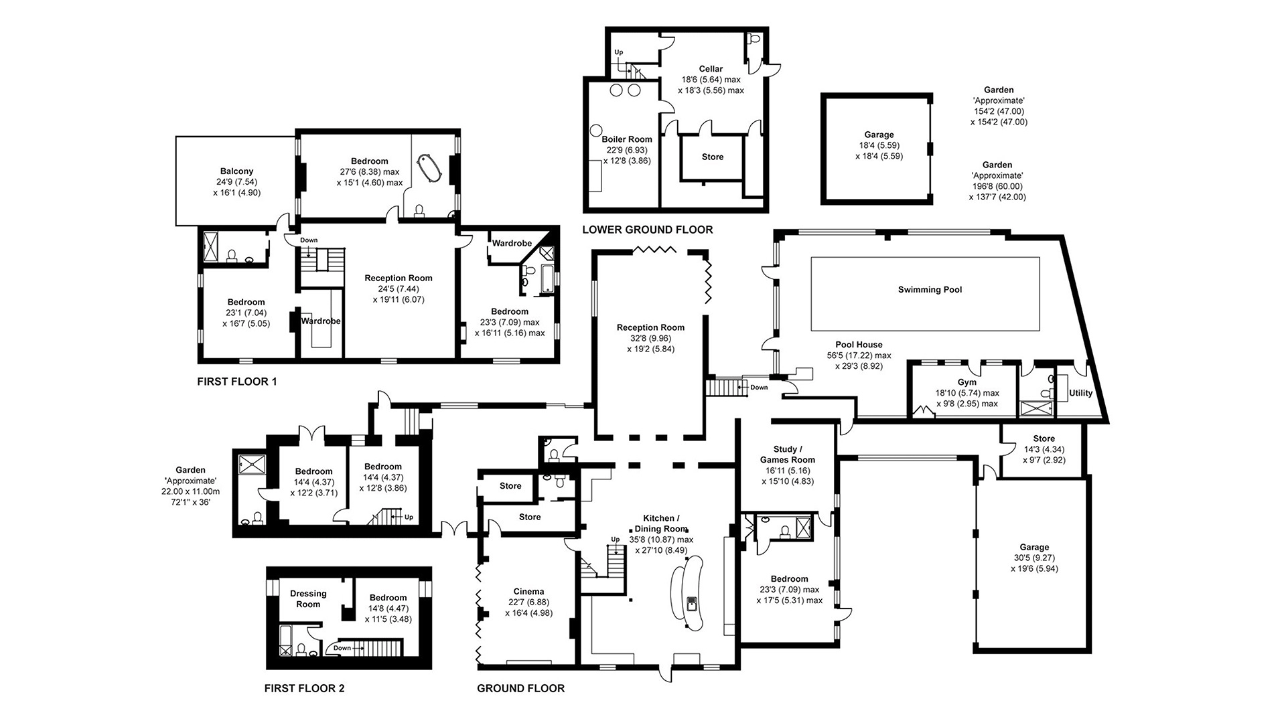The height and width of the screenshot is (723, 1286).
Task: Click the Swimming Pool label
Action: click(x=930, y=290)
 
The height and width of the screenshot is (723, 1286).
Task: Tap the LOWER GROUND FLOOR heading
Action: click(x=648, y=230)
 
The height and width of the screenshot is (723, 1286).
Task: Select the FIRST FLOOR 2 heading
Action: click(x=305, y=688)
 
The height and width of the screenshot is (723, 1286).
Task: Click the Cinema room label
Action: click(x=528, y=592)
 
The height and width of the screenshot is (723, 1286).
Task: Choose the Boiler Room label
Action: click(x=626, y=140)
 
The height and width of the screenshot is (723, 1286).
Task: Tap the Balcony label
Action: click(x=237, y=171)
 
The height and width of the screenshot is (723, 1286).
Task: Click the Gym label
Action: click(x=967, y=382)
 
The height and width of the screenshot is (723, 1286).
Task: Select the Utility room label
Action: click(x=1081, y=393)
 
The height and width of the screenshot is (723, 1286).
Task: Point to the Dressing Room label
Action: click(x=308, y=598)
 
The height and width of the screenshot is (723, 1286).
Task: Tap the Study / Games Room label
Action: click(x=788, y=455)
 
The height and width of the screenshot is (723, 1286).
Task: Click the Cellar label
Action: click(x=711, y=69)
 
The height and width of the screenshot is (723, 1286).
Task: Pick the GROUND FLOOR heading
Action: click(x=520, y=688)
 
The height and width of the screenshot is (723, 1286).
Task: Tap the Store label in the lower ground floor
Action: click(x=713, y=157)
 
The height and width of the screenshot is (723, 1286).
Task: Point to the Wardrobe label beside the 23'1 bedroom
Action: click(x=321, y=321)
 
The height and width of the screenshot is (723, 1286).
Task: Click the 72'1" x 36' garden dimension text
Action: click(x=190, y=502)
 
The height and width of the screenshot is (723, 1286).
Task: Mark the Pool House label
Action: click(x=859, y=345)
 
